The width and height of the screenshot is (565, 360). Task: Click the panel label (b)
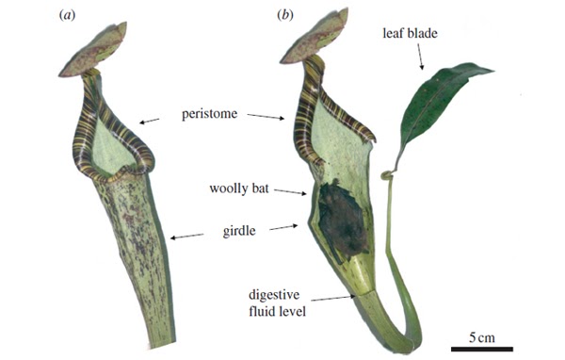282,16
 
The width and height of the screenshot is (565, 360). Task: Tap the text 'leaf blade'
412,32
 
